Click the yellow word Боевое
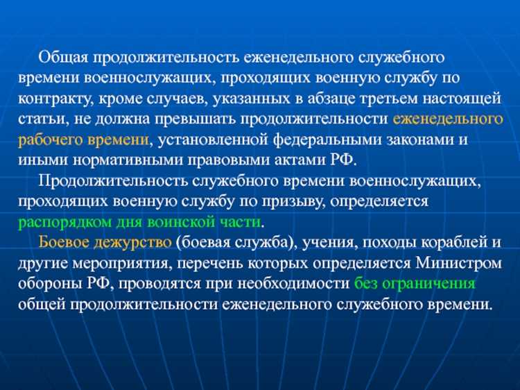pyautogui.click(x=63, y=243)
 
